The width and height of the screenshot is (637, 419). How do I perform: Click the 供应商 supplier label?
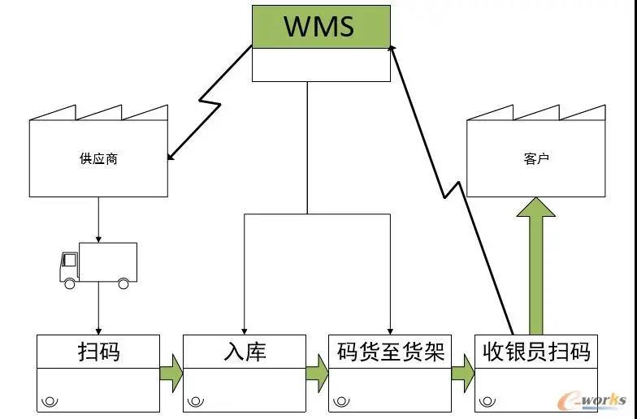pyautogui.click(x=98, y=159)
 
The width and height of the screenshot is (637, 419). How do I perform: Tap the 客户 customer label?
pyautogui.click(x=536, y=159)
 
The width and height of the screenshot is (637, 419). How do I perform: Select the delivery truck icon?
pyautogui.click(x=98, y=265)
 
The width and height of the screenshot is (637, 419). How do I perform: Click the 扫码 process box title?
pyautogui.click(x=98, y=352)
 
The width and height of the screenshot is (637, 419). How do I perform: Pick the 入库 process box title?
pyautogui.click(x=244, y=352)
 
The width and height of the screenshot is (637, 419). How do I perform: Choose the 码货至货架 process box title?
pyautogui.click(x=390, y=352)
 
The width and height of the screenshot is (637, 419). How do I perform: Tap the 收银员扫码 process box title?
pyautogui.click(x=535, y=352)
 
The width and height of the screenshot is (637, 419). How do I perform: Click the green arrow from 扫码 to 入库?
pyautogui.click(x=171, y=373)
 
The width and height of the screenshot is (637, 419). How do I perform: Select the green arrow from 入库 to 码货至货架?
pyautogui.click(x=317, y=373)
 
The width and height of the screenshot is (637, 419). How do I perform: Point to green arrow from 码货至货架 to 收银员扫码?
pyautogui.click(x=463, y=373)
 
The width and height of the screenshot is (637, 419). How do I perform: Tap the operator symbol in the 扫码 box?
pyautogui.click(x=50, y=400)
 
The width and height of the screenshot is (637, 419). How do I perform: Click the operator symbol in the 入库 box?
pyautogui.click(x=196, y=400)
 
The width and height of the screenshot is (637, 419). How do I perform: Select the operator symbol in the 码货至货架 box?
pyautogui.click(x=341, y=400)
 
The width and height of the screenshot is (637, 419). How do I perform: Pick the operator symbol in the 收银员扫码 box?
pyautogui.click(x=487, y=400)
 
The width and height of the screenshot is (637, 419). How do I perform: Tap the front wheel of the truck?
pyautogui.click(x=70, y=283)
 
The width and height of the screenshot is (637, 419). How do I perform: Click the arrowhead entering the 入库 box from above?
pyautogui.click(x=245, y=328)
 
